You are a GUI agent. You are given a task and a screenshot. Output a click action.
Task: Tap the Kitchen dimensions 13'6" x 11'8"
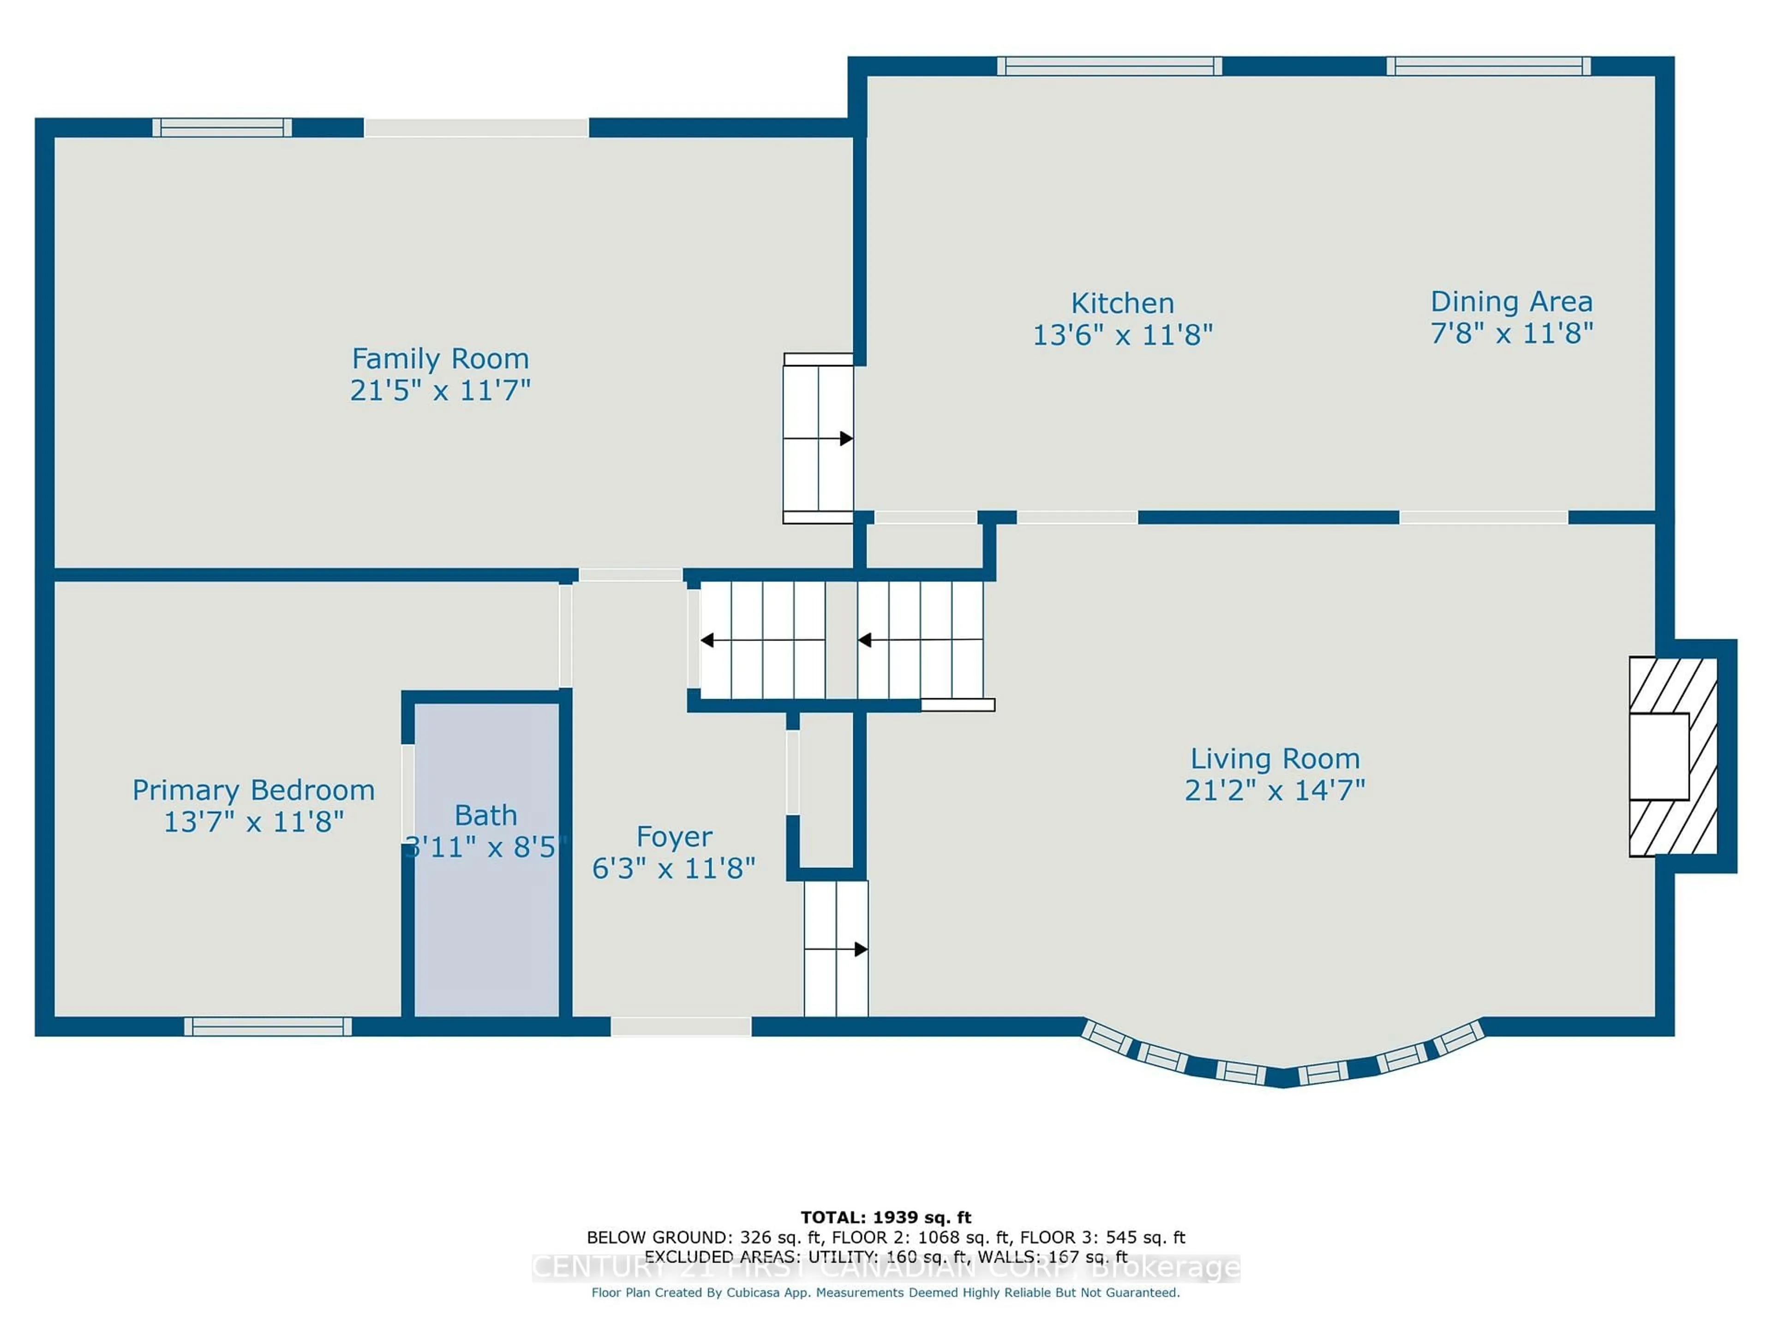(x=1122, y=335)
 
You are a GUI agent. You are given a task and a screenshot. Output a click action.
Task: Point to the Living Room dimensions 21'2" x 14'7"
(x=1275, y=790)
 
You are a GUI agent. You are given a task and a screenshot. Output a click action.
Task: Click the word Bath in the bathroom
(x=485, y=815)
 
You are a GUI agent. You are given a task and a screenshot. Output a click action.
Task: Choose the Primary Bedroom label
(x=253, y=790)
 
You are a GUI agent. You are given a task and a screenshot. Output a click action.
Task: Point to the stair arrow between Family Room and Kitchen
(x=845, y=439)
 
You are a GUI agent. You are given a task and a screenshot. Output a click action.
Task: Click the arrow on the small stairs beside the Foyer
(x=860, y=949)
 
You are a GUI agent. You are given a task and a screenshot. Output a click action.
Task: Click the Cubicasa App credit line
(x=885, y=1292)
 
